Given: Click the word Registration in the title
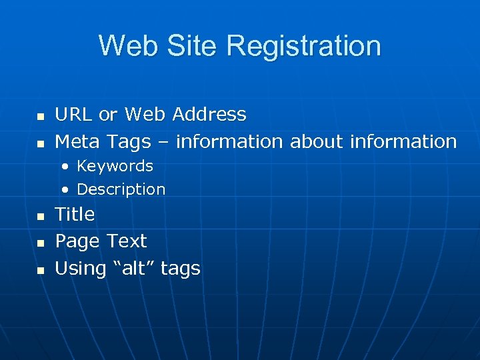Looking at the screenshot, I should coord(303,46).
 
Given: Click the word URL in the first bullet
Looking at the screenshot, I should coord(74,115).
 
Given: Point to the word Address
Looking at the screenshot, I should coord(209,115).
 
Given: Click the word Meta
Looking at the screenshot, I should coord(78,141).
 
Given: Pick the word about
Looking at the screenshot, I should coord(317,141).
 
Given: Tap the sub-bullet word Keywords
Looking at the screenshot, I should coord(115,166).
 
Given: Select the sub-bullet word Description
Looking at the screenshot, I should coord(121,189).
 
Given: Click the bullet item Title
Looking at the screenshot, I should coord(75,215).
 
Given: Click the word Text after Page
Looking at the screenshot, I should coord(127,241).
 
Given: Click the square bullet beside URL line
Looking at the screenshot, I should coord(40,117).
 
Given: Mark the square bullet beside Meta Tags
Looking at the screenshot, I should coord(40,143).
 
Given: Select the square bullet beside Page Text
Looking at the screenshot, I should coord(40,243).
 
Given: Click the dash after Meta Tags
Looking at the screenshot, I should coord(163,142).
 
